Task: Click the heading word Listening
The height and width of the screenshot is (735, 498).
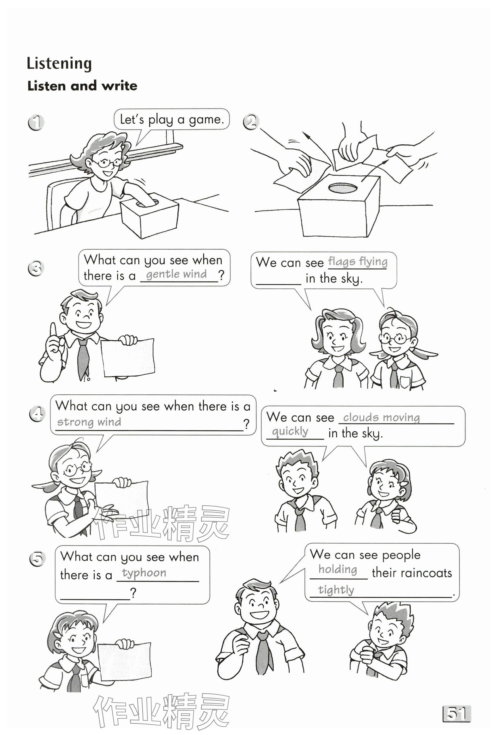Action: click(59, 64)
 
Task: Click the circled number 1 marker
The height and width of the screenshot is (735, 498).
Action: click(36, 123)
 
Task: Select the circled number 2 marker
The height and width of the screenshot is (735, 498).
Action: click(251, 122)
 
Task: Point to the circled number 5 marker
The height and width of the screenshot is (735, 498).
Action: click(37, 559)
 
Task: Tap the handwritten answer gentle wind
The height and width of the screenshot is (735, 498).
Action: click(176, 274)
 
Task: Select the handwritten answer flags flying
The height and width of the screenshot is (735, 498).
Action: click(357, 262)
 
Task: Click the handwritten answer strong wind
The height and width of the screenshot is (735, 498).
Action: click(89, 422)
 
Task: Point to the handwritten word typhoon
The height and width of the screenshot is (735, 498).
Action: click(144, 573)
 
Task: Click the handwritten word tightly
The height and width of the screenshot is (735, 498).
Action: click(336, 590)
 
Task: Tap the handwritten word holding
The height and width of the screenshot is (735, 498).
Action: click(338, 569)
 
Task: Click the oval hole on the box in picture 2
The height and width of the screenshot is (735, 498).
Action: click(343, 188)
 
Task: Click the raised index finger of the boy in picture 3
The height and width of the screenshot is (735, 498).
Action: click(53, 330)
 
